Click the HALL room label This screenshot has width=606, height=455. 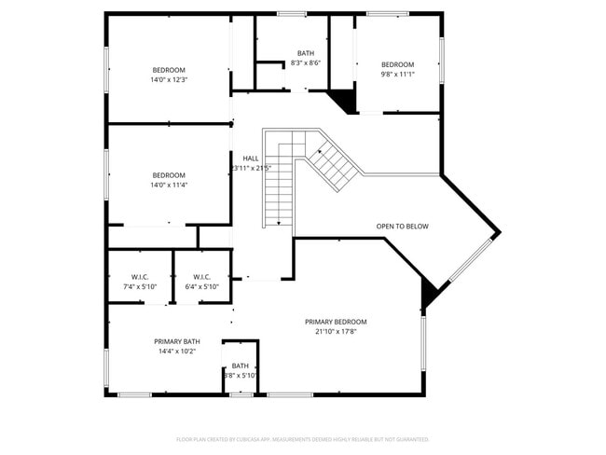coord(251,159)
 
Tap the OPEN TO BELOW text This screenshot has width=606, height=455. coord(403,227)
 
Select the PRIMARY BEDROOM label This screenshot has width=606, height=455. coord(336,322)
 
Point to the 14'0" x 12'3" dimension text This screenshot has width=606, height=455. coord(169,80)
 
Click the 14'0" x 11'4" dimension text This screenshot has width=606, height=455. coord(169,185)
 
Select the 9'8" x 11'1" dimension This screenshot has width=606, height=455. coord(397,75)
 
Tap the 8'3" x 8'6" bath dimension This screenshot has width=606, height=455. coord(306,63)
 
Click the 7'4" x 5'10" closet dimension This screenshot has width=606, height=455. coord(140,287)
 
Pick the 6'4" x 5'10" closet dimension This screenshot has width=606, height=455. coord(202,287)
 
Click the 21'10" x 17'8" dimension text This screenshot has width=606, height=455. coord(336,332)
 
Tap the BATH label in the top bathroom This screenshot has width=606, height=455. coord(306,53)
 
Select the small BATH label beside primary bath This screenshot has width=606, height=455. coord(241,365)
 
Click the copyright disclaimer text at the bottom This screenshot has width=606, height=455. coord(303,438)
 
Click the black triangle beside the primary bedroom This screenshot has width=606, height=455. coord(429,296)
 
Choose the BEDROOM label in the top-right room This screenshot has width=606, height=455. coord(397,64)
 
